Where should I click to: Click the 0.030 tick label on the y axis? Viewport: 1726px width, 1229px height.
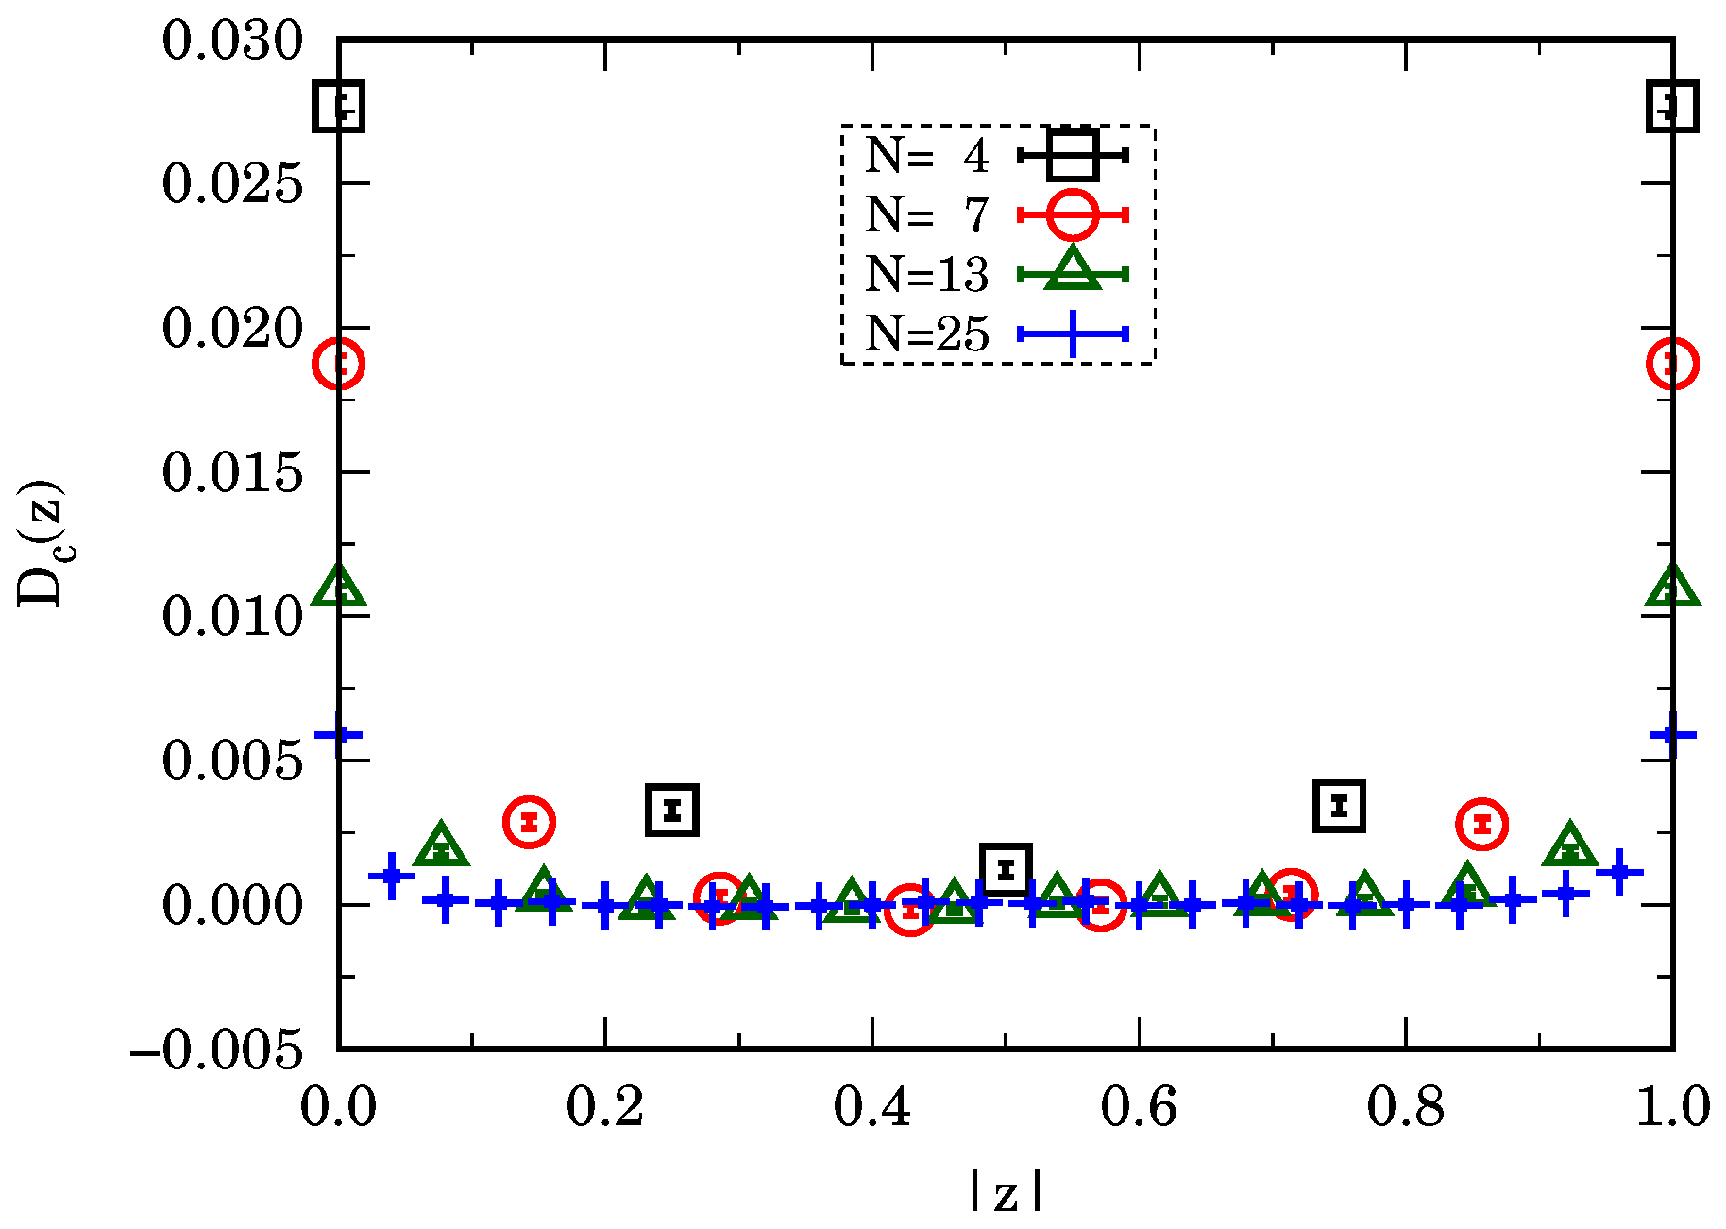[x=232, y=42]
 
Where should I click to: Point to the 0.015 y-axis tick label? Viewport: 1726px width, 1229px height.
[x=232, y=472]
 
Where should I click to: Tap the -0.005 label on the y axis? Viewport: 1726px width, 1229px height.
[x=217, y=1050]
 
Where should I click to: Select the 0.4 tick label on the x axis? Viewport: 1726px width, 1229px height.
[x=871, y=1107]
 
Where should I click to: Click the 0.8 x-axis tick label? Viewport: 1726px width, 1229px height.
[x=1406, y=1107]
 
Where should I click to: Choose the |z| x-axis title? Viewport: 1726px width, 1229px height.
[x=1006, y=1192]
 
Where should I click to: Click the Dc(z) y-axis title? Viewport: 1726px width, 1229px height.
[x=40, y=544]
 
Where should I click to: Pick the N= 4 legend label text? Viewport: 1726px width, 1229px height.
[x=926, y=155]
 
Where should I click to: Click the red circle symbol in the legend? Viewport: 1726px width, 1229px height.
[x=1073, y=215]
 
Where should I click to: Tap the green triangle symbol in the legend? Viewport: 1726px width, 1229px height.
[x=1073, y=270]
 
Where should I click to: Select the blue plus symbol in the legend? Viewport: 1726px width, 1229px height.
[x=1073, y=333]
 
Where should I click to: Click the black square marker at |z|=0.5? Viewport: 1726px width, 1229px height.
[x=1006, y=868]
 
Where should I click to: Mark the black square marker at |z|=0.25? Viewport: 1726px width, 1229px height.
[x=672, y=810]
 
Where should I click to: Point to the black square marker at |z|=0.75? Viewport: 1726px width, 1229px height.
[x=1339, y=806]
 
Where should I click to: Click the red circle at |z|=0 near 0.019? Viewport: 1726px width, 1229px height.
[x=339, y=363]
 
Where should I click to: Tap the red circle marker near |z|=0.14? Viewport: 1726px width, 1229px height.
[x=529, y=822]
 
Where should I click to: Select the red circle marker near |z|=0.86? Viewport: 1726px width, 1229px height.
[x=1481, y=825]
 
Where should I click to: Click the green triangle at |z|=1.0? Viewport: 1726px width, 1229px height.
[x=1672, y=589]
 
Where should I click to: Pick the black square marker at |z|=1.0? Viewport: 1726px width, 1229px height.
[x=1672, y=106]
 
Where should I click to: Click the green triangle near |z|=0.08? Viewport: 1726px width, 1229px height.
[x=441, y=846]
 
